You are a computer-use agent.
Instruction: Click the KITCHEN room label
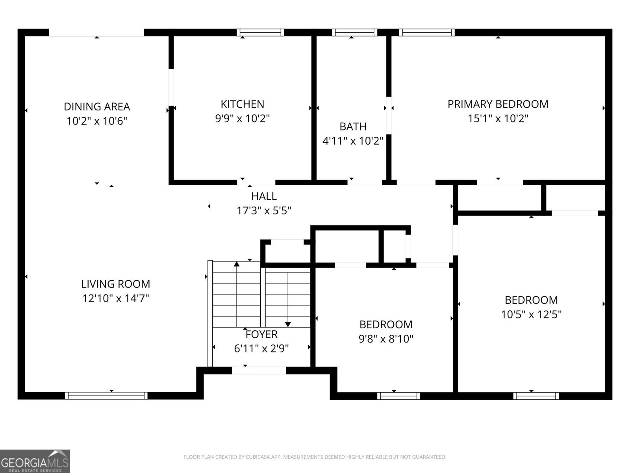242,104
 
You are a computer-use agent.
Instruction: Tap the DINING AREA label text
97,106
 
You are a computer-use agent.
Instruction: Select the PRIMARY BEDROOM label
498,104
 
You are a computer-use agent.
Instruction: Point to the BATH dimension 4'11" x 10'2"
353,141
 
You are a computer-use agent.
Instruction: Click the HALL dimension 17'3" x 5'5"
264,210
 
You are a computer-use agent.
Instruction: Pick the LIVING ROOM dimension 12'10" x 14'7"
115,298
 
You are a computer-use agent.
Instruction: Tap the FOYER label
261,334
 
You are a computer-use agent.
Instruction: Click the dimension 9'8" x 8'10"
386,339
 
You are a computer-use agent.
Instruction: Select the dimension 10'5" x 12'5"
531,314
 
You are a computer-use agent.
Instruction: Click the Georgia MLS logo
35,461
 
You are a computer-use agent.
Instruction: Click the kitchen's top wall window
260,32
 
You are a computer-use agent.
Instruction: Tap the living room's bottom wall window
106,395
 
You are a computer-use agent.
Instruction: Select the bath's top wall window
354,32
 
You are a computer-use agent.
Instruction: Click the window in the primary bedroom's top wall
426,32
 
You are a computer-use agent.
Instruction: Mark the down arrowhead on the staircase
288,324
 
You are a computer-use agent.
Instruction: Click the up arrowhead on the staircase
237,264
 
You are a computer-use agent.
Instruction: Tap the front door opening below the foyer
259,371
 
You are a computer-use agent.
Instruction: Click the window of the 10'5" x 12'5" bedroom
535,395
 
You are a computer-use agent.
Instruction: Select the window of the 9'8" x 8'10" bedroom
398,395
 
